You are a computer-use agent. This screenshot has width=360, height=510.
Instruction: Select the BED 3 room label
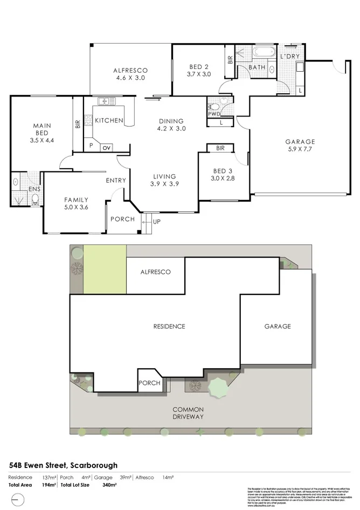220,174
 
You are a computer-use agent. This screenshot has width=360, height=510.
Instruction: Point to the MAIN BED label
41,133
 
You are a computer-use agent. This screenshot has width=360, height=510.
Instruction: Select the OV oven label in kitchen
107,147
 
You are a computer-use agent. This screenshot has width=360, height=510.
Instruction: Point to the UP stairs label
157,222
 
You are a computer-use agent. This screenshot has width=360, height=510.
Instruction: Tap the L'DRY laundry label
290,57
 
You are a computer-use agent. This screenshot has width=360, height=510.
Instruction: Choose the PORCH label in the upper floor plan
122,219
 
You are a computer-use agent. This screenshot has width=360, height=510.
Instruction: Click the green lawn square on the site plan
105,270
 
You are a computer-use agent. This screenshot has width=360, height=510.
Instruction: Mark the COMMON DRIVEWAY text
188,412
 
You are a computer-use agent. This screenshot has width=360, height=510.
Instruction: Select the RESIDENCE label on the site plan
169,326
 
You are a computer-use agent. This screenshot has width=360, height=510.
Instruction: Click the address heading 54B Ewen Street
64,465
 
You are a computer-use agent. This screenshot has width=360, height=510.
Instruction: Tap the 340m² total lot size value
110,485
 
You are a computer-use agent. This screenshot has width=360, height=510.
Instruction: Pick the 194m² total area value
50,485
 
